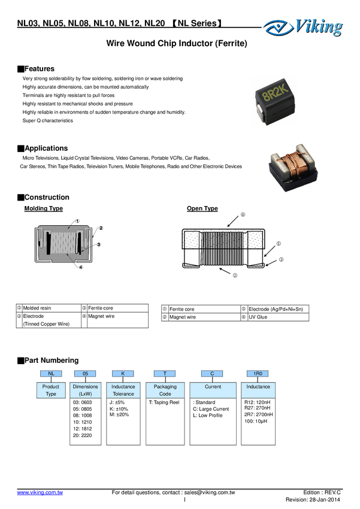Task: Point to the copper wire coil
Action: pyautogui.click(x=296, y=166)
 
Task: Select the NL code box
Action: pyautogui.click(x=51, y=373)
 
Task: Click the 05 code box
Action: pyautogui.click(x=85, y=373)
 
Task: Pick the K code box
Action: pyautogui.click(x=123, y=373)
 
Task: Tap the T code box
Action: pyautogui.click(x=165, y=373)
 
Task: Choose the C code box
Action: pyautogui.click(x=212, y=373)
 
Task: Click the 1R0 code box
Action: pyautogui.click(x=258, y=373)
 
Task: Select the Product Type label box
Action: pyautogui.click(x=51, y=390)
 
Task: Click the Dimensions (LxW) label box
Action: pyautogui.click(x=85, y=390)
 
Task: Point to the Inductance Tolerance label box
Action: pyautogui.click(x=123, y=390)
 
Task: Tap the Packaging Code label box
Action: pyautogui.click(x=165, y=390)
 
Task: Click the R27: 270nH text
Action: pyautogui.click(x=258, y=408)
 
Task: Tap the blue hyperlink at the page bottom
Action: pyautogui.click(x=40, y=493)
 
